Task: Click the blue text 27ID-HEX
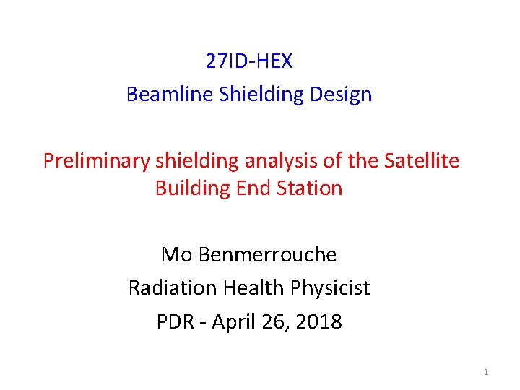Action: pos(249,61)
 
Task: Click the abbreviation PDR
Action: pos(175,321)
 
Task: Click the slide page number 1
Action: pos(486,372)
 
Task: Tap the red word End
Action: pos(253,188)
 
